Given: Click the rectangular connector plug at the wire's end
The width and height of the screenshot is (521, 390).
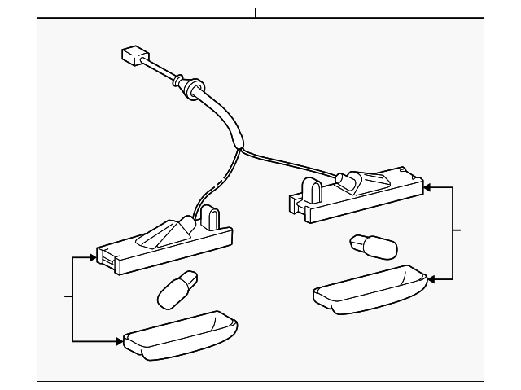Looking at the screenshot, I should click(132, 56).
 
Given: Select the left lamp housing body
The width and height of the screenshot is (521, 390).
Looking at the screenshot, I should click(163, 244).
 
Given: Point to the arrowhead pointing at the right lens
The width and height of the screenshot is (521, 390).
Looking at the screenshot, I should click(430, 279).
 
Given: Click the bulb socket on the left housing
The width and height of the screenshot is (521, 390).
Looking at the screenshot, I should click(184, 226).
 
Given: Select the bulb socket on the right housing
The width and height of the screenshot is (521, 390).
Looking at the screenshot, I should click(343, 180).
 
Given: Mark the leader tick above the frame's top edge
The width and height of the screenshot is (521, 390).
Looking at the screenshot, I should click(256, 12).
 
